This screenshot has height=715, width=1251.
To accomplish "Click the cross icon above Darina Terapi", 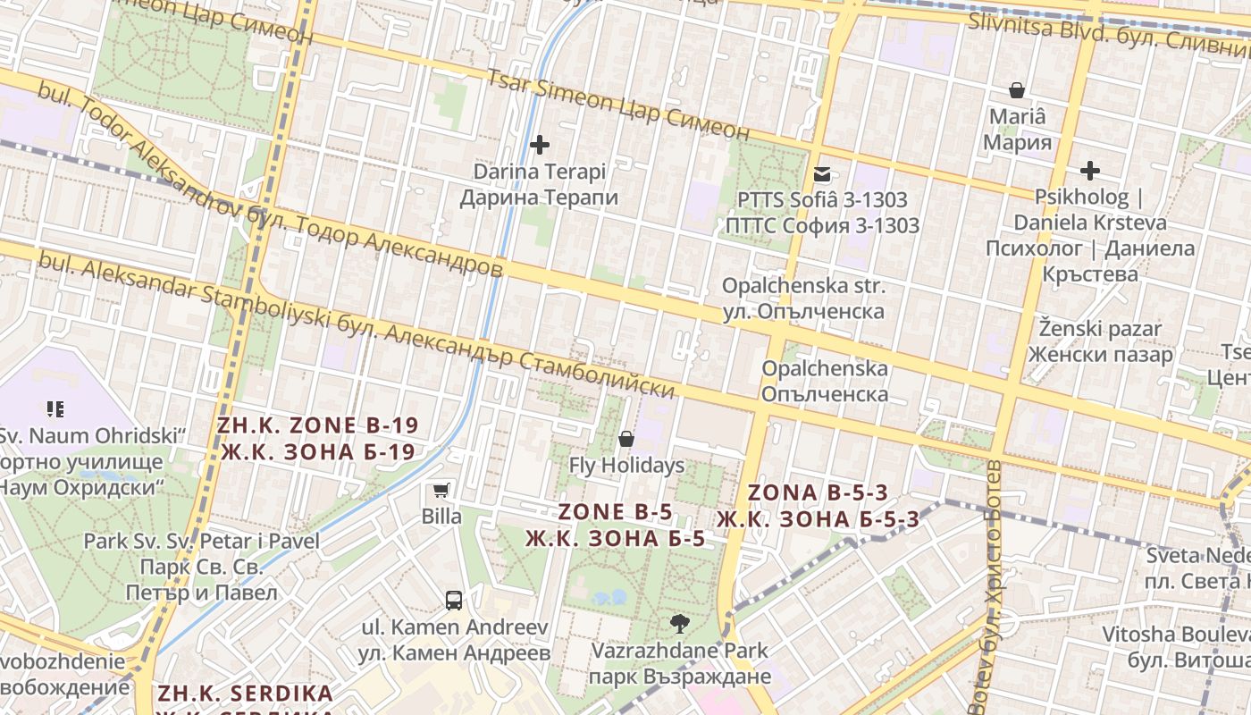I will click(x=540, y=144).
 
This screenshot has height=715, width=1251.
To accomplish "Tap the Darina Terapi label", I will click(x=539, y=184).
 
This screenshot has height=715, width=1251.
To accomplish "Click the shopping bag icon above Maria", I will click(x=1017, y=90).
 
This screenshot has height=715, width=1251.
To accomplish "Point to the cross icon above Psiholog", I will click(x=1090, y=170).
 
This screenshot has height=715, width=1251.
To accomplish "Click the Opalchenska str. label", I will click(x=803, y=299).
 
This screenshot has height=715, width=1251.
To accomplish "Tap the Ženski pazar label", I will click(x=1100, y=341).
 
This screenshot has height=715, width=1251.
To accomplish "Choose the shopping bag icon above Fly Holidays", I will click(x=626, y=439).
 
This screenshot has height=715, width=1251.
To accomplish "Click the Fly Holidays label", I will click(x=626, y=466).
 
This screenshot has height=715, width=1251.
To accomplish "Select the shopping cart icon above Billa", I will click(x=441, y=490).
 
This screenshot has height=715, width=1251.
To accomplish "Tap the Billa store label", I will click(x=441, y=517).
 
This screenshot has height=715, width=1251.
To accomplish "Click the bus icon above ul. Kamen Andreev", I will click(x=454, y=600).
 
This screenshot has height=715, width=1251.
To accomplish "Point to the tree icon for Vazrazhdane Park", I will click(x=679, y=623).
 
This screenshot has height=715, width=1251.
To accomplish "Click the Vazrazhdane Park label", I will click(x=679, y=662).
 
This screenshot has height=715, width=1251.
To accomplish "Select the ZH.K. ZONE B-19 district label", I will click(x=317, y=438).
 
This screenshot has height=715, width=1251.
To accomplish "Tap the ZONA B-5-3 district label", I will click(x=818, y=506).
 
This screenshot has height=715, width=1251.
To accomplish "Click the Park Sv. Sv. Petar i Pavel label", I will click(x=201, y=566).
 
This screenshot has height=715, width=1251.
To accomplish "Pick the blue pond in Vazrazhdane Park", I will click(x=609, y=596).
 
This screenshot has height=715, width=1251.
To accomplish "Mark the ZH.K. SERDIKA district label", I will click(x=245, y=694).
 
